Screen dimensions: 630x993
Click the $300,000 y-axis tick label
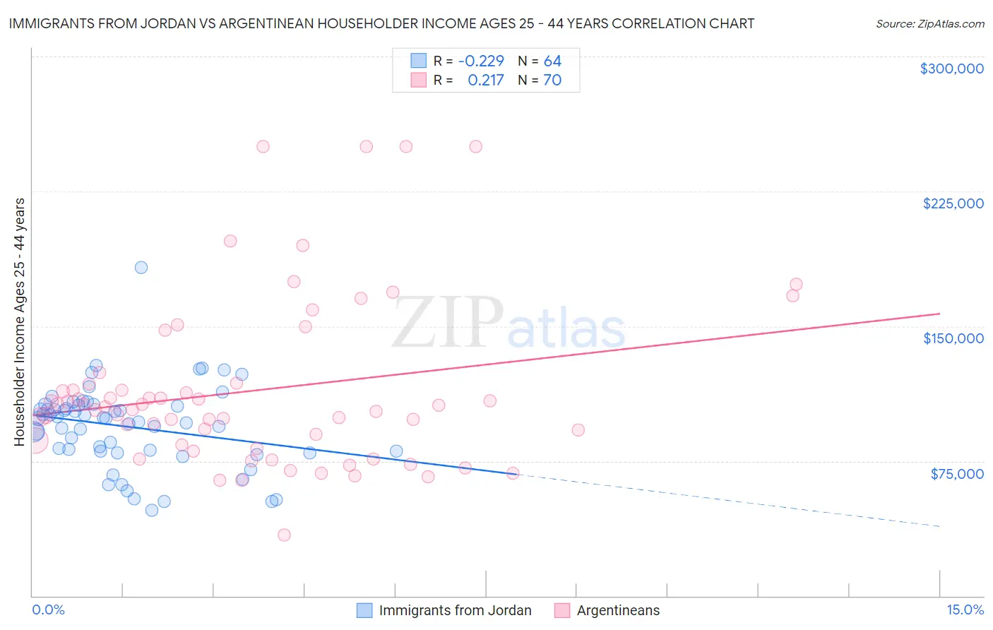951,69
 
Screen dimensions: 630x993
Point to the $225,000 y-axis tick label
953,203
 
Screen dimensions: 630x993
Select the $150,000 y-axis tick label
953,338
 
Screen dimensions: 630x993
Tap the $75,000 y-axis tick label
957,474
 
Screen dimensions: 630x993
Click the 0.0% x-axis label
48,610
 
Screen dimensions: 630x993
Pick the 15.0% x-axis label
965,610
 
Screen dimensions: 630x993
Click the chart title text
381,23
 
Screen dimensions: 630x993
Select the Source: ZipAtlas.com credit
929,23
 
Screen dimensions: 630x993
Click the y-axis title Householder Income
19,321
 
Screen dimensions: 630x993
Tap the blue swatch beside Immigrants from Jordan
364,610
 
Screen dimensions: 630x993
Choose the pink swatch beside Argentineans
562,610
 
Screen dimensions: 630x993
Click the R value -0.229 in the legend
481,61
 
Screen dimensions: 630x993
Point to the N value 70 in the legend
552,81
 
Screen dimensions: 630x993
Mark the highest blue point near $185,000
141,268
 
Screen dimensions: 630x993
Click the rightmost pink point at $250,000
476,147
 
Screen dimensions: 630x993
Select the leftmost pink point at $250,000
263,147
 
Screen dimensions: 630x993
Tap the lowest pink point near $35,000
284,535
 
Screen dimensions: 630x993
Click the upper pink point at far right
796,285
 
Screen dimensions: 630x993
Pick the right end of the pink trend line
939,313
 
